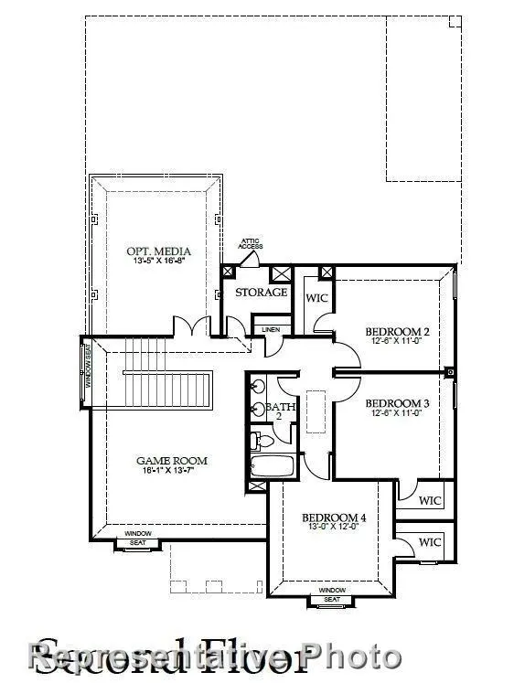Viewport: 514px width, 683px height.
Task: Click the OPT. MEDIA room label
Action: click(154, 251)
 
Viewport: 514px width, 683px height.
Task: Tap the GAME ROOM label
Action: click(172, 461)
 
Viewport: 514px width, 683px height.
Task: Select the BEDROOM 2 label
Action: click(397, 331)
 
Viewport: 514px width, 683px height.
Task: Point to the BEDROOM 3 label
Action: click(397, 403)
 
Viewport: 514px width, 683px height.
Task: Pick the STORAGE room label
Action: click(261, 293)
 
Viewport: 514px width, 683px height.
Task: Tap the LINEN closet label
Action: click(271, 329)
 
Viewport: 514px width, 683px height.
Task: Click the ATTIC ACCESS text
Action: click(251, 244)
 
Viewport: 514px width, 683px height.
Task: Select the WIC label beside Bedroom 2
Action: click(316, 298)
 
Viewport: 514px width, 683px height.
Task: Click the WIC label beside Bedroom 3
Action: click(429, 500)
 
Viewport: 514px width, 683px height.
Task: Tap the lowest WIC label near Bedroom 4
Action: click(429, 542)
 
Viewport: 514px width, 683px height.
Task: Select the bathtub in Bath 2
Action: click(273, 466)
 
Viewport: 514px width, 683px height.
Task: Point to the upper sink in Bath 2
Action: click(259, 388)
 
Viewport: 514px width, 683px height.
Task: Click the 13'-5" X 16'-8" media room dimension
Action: click(153, 261)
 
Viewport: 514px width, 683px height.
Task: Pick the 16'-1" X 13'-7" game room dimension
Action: click(171, 471)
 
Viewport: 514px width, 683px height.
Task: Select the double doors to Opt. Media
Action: click(193, 326)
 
